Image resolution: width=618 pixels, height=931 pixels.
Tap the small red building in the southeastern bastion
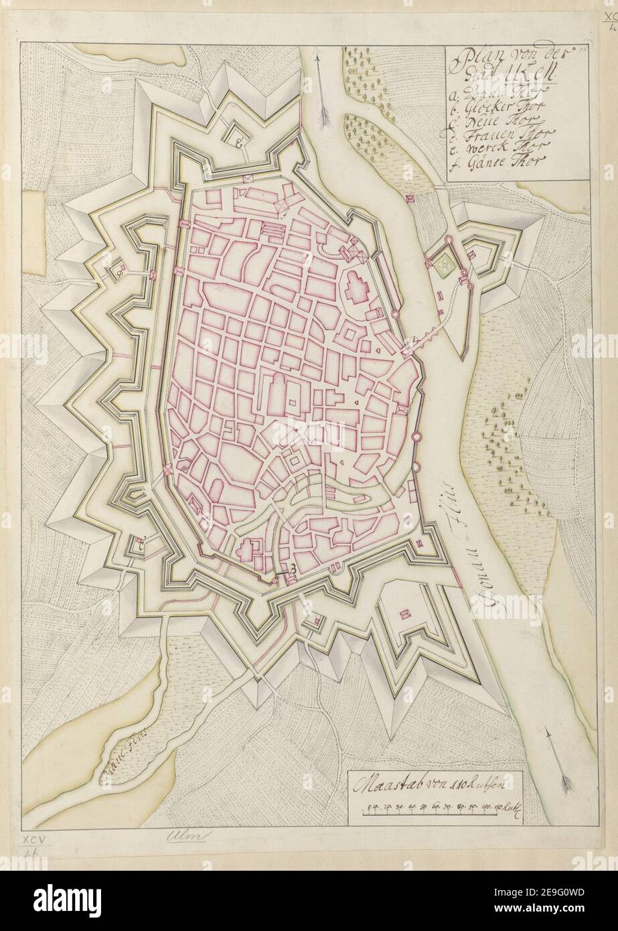click(x=404, y=614)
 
